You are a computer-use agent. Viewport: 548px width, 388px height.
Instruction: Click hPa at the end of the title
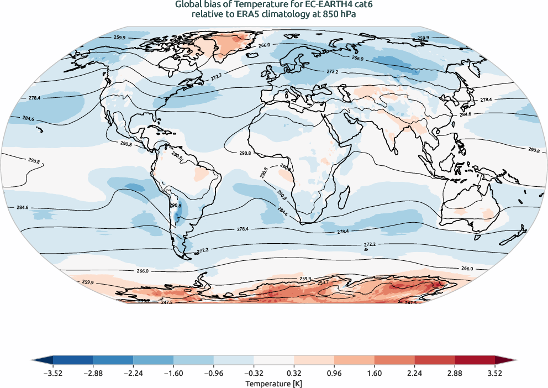click(x=346, y=14)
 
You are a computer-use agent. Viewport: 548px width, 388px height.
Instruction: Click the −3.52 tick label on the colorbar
click(x=52, y=373)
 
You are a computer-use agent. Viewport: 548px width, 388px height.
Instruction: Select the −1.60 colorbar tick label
click(x=173, y=373)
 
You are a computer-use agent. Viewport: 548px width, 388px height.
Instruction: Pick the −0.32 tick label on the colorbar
click(x=254, y=373)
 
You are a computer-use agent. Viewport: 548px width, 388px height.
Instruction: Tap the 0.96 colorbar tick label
click(x=334, y=373)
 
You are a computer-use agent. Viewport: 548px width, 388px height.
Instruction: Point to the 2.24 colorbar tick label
click(x=414, y=373)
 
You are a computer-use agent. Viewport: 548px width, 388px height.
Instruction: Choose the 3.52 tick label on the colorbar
click(x=495, y=373)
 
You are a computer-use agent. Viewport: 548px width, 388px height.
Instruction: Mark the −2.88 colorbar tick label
click(x=93, y=373)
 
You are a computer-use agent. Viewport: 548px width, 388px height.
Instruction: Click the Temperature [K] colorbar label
click(x=274, y=383)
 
